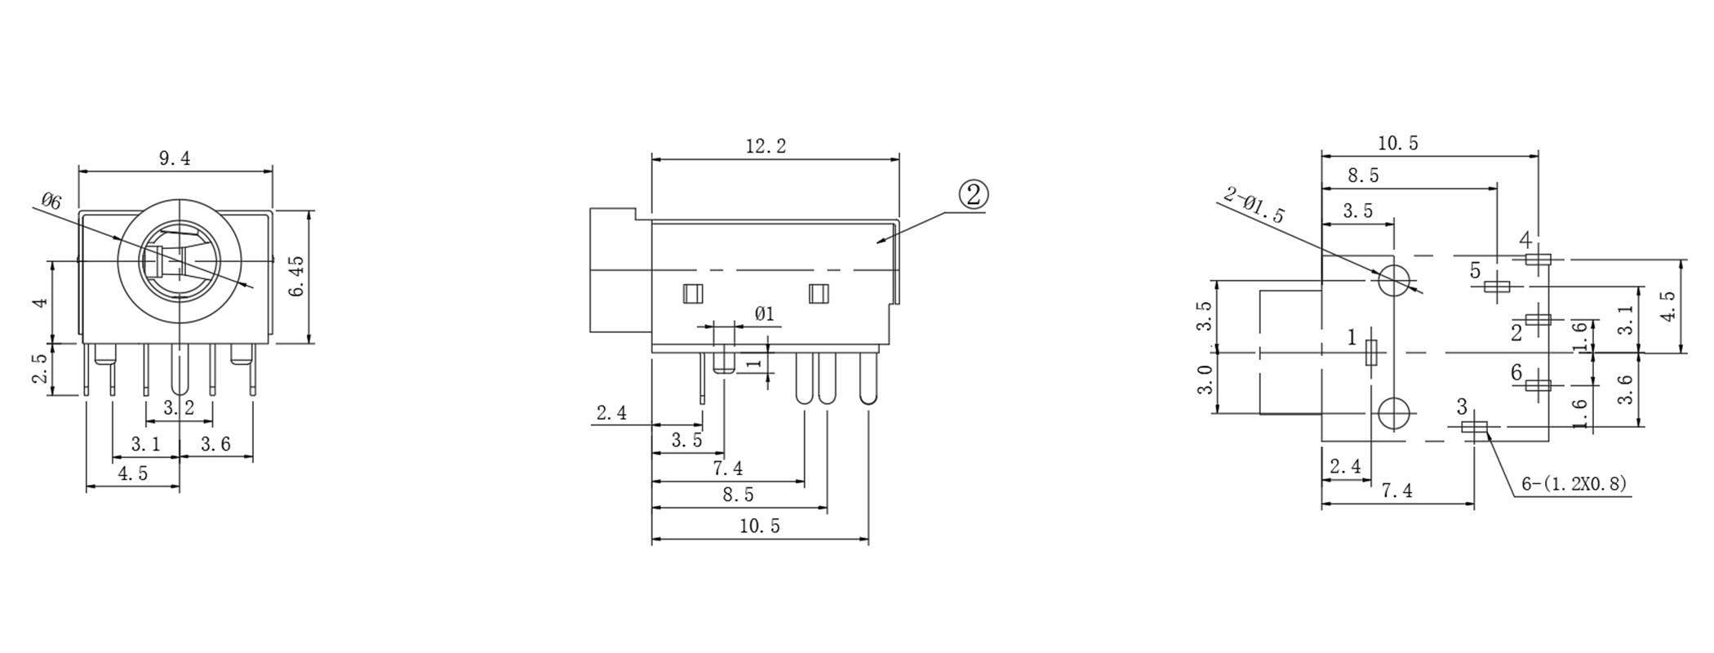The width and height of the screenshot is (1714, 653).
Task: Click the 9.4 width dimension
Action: (x=175, y=158)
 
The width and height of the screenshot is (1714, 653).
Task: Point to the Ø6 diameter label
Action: (x=51, y=202)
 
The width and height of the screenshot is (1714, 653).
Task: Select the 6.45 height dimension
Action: (x=296, y=276)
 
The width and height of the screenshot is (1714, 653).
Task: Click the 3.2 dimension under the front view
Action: (x=179, y=408)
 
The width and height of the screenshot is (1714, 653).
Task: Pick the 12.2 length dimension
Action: (x=766, y=146)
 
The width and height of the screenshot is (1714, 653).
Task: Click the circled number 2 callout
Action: (x=974, y=194)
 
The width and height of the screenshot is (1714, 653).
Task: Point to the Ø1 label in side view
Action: (x=765, y=313)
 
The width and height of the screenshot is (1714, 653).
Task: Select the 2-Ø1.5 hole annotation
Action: (x=1254, y=205)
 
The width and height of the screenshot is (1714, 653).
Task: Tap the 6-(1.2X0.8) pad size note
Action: (x=1574, y=484)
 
